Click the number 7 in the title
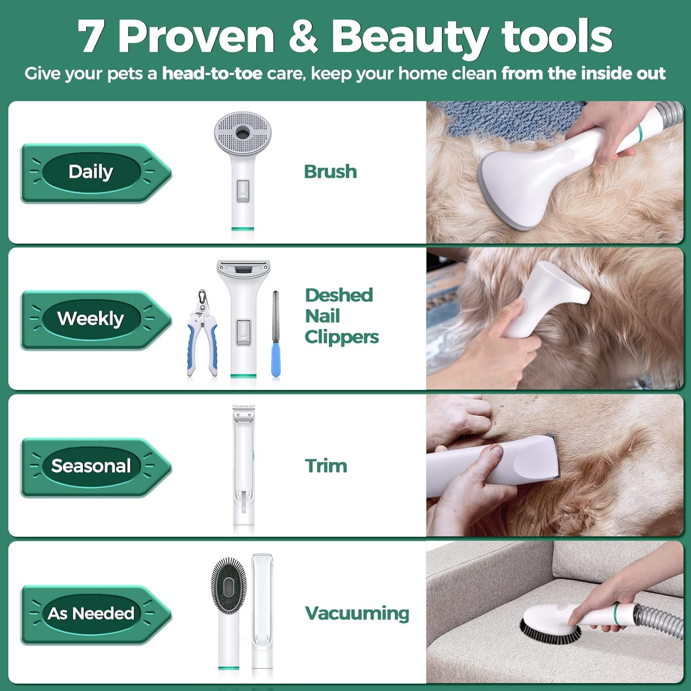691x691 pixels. (90, 37)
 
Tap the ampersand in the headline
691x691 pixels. (303, 37)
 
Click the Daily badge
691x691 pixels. (91, 172)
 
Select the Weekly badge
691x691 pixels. (91, 319)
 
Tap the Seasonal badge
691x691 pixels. (91, 466)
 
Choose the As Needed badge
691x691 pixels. (91, 614)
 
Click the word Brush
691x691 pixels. (330, 172)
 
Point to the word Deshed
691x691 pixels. (339, 295)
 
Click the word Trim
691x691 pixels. (326, 466)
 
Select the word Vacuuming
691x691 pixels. (357, 613)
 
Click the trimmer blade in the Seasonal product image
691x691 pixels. (243, 415)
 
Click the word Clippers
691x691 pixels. (341, 337)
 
